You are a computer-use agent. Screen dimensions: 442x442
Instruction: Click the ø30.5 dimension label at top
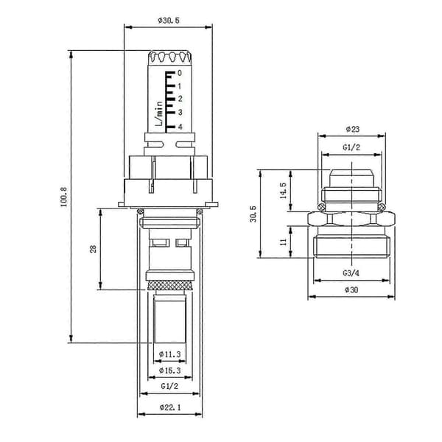point(169,21)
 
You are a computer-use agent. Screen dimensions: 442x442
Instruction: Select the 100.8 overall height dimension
point(64,197)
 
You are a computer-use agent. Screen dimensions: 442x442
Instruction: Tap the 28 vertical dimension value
point(93,249)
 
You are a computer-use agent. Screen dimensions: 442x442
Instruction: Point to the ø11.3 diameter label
point(169,354)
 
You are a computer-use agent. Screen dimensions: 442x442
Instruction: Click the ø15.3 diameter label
point(169,371)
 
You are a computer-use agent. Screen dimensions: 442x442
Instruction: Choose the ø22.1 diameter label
point(170,407)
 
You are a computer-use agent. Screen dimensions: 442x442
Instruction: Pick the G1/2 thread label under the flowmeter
point(169,386)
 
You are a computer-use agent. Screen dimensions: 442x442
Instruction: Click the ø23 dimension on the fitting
point(353,129)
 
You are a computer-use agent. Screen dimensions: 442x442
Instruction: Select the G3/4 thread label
point(351,273)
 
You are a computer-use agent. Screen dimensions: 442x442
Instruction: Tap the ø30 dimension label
point(351,290)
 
